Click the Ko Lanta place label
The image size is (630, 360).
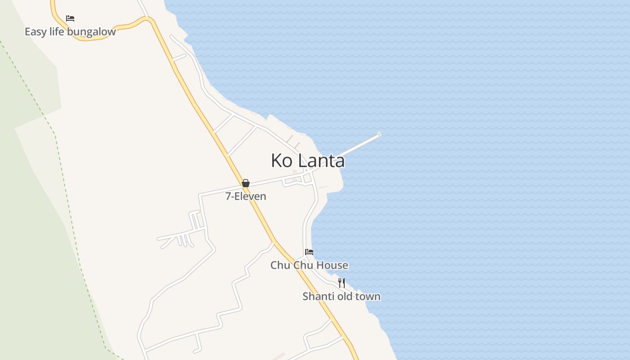308,161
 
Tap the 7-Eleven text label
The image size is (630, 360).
246,196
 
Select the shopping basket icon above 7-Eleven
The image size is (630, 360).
246,183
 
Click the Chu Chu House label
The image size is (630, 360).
309,265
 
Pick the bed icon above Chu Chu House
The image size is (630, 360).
309,252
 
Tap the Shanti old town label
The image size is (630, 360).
342,296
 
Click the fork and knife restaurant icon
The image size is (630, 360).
342,283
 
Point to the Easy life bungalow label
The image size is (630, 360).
70,32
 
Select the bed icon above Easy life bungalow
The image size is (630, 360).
70,18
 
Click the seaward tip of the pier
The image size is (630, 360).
379,134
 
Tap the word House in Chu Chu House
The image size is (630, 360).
333,265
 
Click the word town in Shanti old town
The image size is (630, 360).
368,296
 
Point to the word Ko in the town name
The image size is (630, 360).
282,161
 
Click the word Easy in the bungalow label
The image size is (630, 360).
35,32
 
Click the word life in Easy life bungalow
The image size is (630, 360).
58,32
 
